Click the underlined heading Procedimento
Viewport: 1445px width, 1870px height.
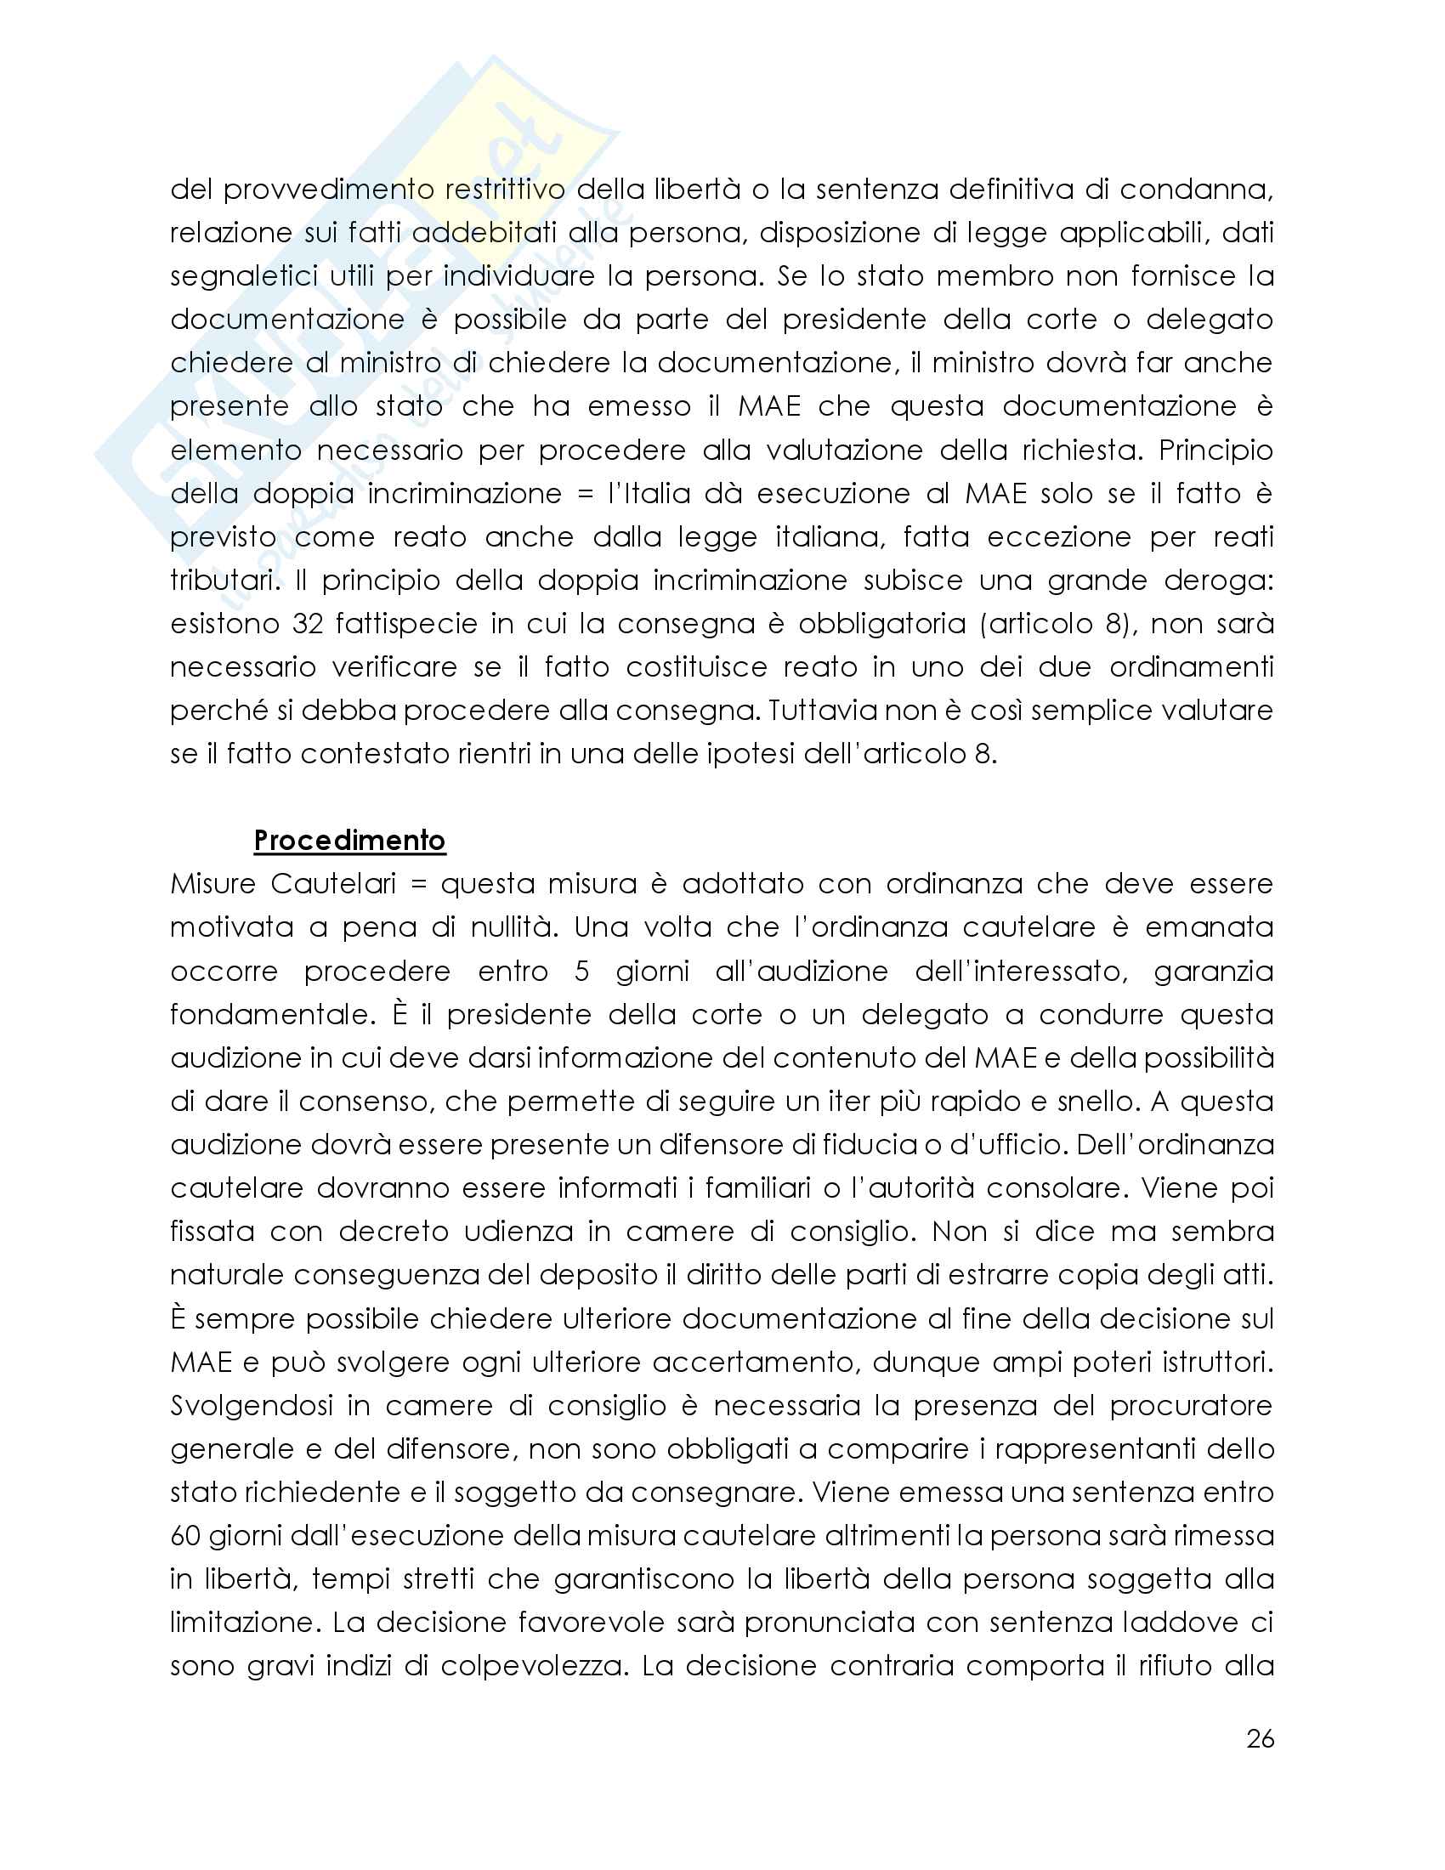[349, 841]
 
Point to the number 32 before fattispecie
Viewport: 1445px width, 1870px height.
[308, 623]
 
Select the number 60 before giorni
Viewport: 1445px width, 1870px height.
[184, 1535]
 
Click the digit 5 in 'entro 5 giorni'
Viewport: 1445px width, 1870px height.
[581, 971]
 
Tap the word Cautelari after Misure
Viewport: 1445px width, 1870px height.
[333, 884]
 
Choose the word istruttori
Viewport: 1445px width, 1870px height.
[1216, 1363]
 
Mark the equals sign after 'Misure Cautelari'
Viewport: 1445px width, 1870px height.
[418, 884]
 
